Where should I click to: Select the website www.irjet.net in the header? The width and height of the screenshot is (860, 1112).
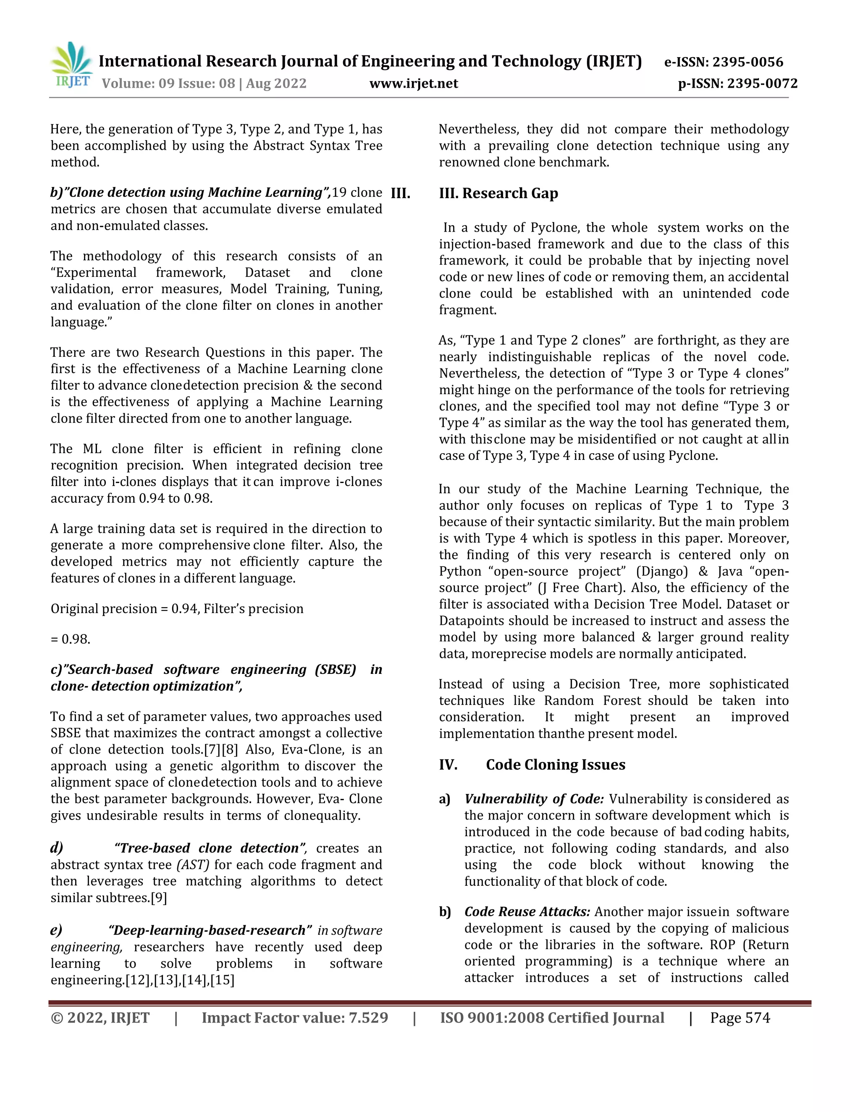414,84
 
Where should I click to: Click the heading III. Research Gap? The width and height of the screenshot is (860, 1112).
498,193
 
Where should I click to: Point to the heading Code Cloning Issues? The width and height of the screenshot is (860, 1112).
555,765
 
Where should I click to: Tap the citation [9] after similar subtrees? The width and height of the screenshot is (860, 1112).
159,898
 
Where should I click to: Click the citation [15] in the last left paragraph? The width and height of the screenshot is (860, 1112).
222,980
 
